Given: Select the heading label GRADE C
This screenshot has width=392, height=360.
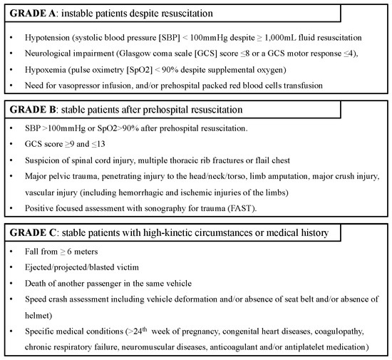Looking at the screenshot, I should [33, 234].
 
